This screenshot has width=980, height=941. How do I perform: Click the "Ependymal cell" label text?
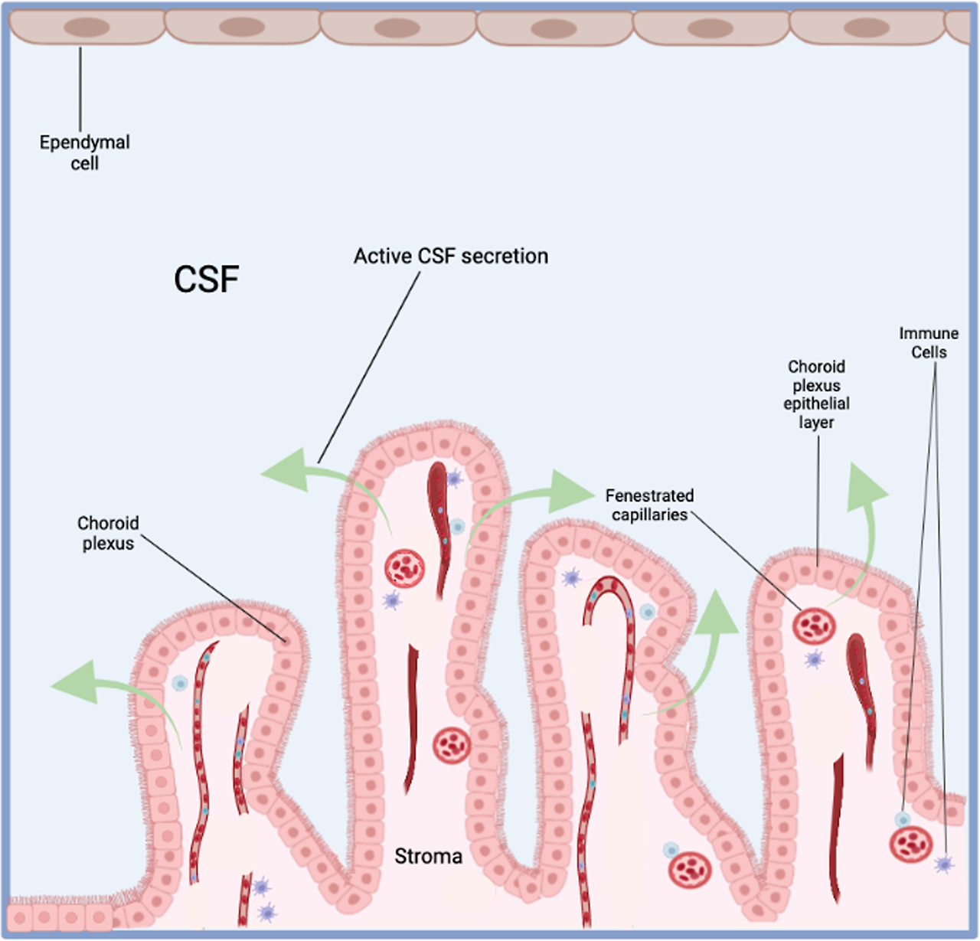(84, 152)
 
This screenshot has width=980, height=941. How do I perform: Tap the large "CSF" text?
(206, 279)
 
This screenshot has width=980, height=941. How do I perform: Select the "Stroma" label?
(428, 856)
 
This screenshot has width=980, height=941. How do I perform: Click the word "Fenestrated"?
(649, 495)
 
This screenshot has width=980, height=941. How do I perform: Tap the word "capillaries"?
(649, 515)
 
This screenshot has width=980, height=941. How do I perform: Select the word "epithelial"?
(816, 404)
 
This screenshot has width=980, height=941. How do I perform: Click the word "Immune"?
(929, 333)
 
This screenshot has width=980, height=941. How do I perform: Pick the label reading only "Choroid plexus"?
(108, 533)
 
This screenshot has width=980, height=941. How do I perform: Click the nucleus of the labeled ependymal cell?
(87, 28)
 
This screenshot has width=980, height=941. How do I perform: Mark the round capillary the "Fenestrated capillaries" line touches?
(814, 626)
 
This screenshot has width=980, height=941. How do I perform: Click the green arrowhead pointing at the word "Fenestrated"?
(571, 491)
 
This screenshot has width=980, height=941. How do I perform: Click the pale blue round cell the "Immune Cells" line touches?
(903, 820)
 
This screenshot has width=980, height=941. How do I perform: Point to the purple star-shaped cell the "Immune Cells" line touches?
(945, 864)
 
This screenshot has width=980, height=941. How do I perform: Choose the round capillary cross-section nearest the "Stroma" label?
(452, 745)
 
